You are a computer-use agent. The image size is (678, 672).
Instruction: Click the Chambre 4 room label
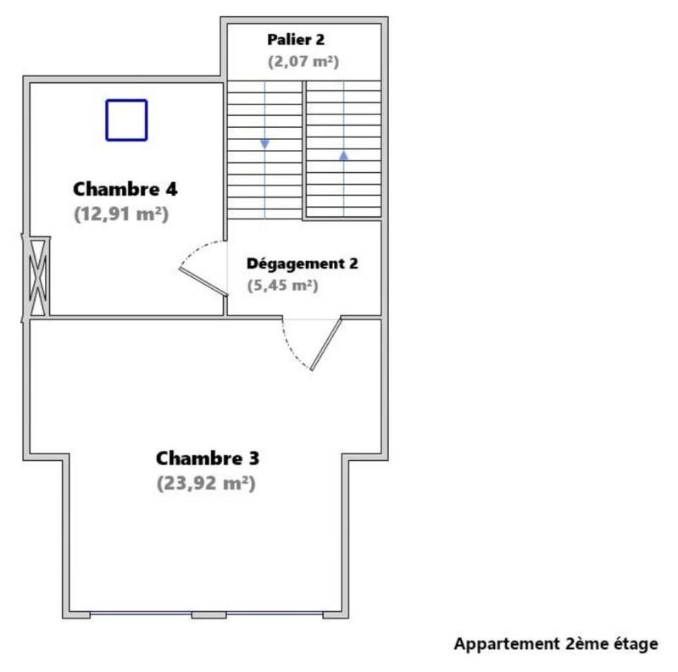(125, 188)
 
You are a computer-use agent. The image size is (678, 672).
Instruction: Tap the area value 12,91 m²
(121, 214)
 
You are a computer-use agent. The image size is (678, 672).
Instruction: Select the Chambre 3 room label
(208, 458)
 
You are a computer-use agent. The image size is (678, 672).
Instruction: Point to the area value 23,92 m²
(206, 484)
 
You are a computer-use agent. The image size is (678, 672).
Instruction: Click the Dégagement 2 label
(302, 263)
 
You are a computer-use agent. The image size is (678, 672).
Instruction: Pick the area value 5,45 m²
(283, 286)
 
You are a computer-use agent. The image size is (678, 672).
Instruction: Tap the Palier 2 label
(296, 39)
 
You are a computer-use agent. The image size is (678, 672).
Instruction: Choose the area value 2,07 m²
(303, 61)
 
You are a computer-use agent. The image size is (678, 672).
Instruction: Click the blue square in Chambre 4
(126, 119)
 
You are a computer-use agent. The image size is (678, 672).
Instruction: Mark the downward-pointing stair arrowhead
(264, 144)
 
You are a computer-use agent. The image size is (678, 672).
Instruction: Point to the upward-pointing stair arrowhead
(343, 155)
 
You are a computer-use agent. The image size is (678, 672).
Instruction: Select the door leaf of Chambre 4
(203, 282)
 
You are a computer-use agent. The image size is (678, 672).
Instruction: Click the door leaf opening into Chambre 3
(325, 344)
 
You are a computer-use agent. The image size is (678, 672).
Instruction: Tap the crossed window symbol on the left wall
(36, 277)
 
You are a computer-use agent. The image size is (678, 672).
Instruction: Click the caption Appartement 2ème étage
(555, 644)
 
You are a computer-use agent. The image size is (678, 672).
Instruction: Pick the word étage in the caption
(635, 644)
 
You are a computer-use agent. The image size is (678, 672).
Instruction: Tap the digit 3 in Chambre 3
(253, 458)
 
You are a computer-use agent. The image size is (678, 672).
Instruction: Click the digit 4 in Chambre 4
(172, 188)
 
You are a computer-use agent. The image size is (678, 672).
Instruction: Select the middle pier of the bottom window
(208, 614)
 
